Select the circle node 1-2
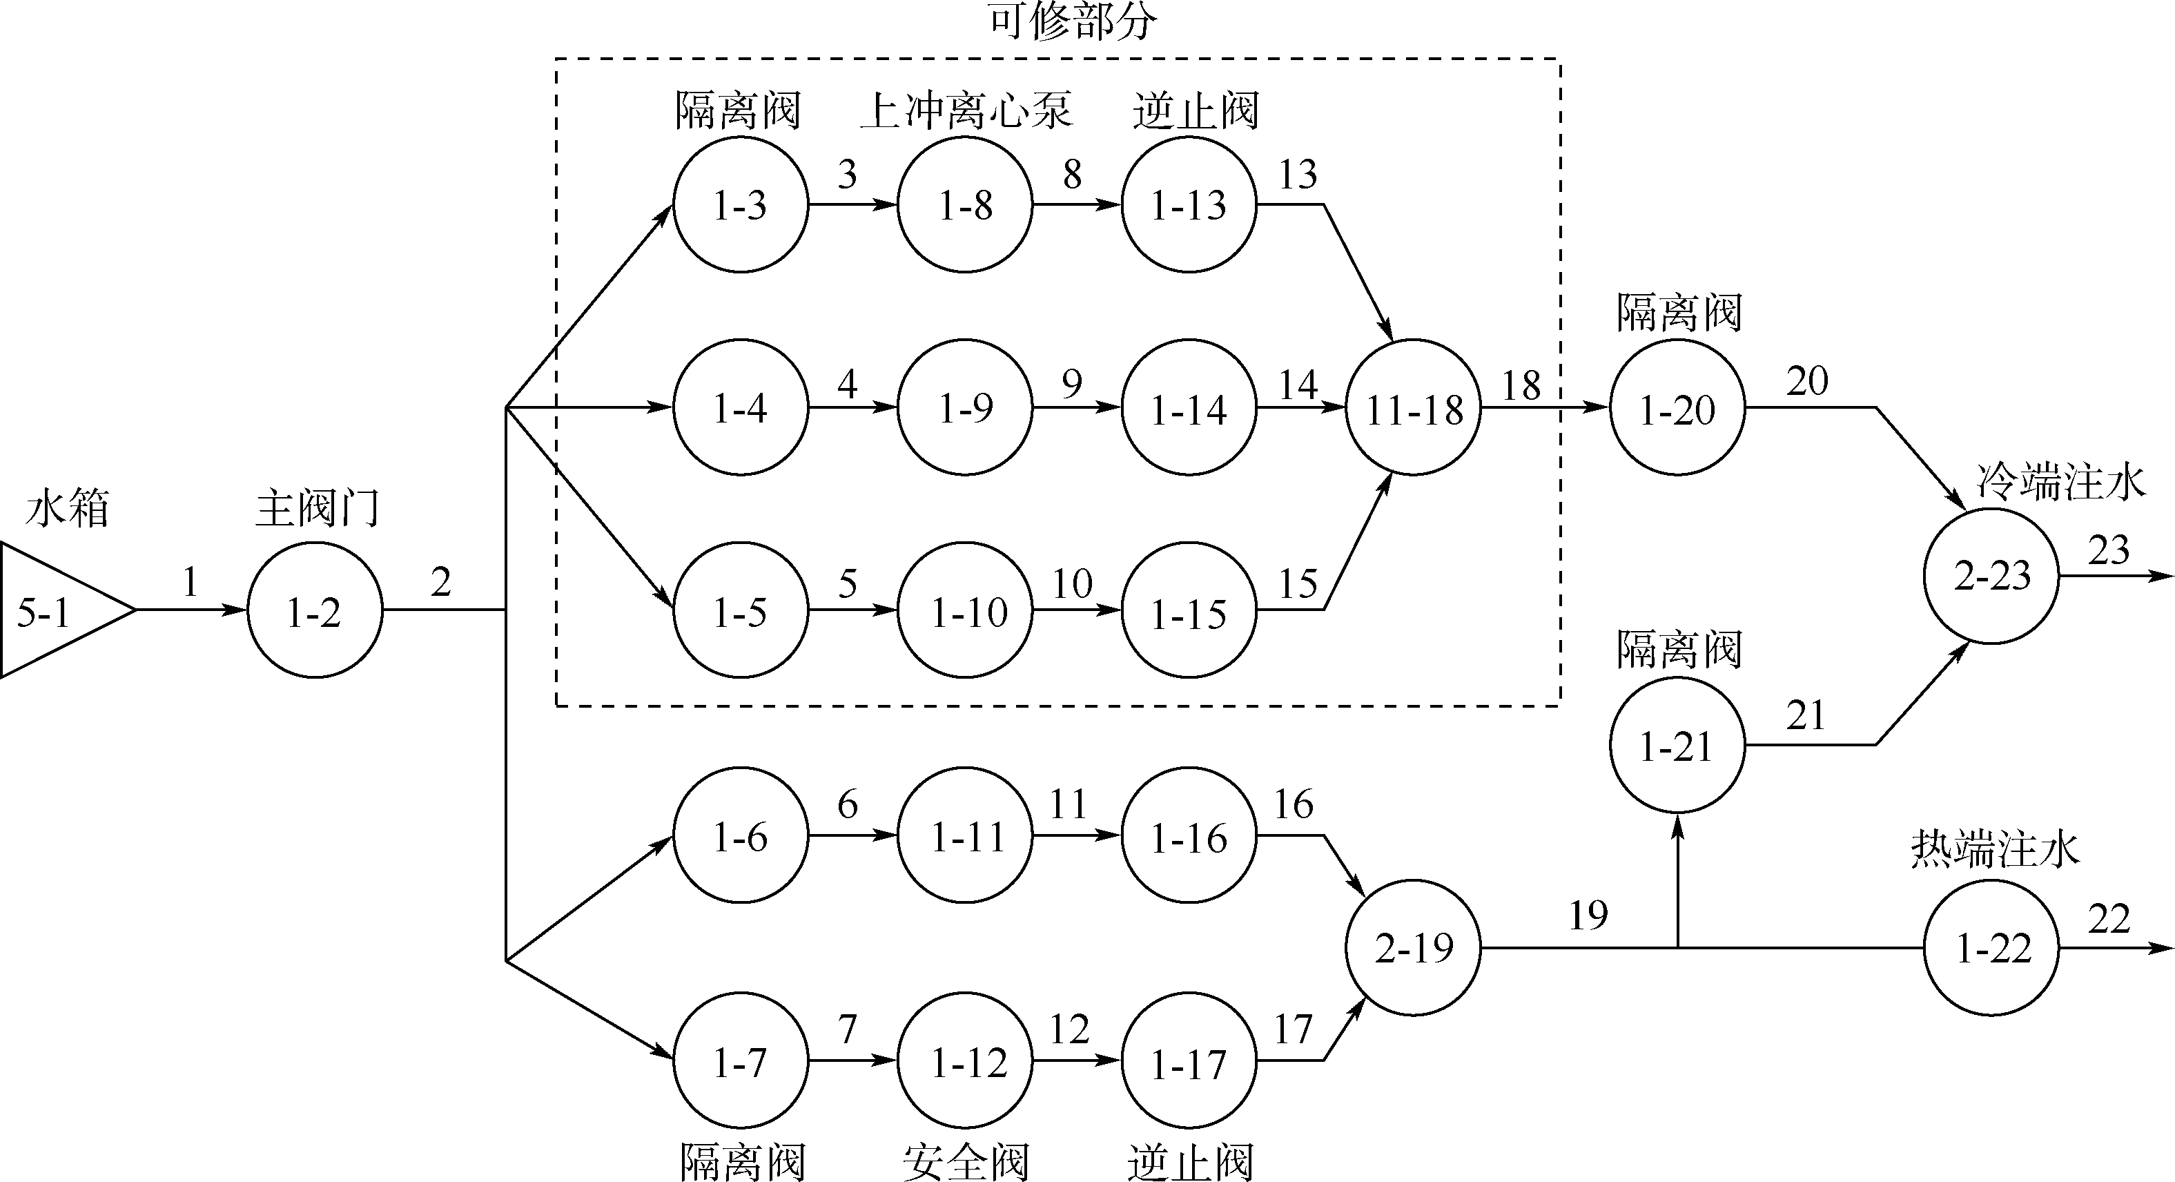[x=314, y=610]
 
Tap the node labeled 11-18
[x=1412, y=408]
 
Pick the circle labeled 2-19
[x=1412, y=947]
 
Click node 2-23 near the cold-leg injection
[x=1991, y=576]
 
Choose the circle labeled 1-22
[x=1991, y=947]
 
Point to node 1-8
[x=964, y=204]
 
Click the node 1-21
[x=1677, y=746]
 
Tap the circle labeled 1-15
[x=1189, y=610]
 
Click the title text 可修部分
[x=1072, y=22]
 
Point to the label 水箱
[x=68, y=509]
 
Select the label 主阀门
[x=318, y=509]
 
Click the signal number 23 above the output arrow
[x=2108, y=550]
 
